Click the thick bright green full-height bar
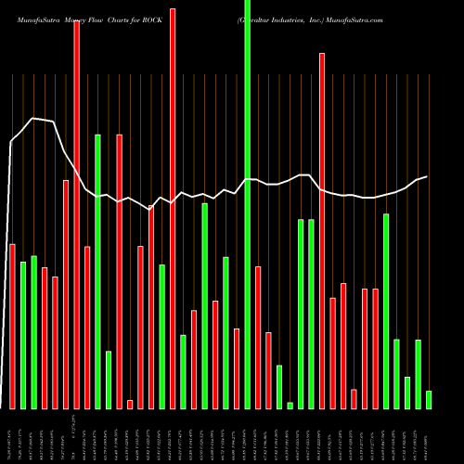click(247, 204)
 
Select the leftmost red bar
click(12, 326)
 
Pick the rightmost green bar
click(429, 399)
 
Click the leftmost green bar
click(23, 335)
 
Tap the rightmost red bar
click(375, 348)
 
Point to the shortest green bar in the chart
click(290, 405)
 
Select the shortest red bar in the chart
click(130, 404)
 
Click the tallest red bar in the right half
click(322, 230)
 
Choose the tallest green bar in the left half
click(97, 271)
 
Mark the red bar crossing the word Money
click(76, 213)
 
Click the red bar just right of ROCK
click(173, 209)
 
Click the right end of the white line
click(427, 176)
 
